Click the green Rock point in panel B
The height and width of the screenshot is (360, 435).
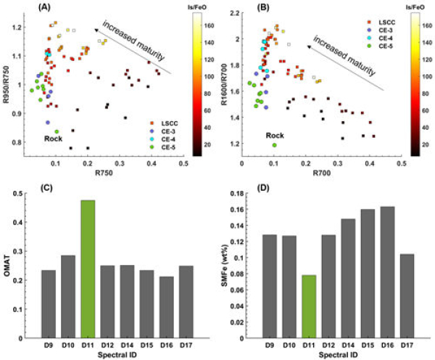point(274,144)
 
